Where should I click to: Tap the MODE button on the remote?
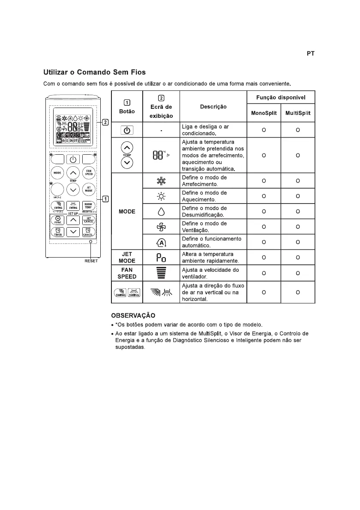point(57,173)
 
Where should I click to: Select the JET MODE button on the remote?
point(88,189)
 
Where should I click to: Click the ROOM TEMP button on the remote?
point(88,206)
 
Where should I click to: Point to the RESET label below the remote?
point(91,261)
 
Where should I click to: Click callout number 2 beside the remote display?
point(105,123)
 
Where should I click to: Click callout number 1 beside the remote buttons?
point(105,199)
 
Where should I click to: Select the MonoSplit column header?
point(264,113)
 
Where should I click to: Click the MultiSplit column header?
point(298,113)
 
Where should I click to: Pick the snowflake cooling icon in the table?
point(161,180)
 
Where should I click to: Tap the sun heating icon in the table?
point(161,196)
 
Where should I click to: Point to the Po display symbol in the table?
point(161,258)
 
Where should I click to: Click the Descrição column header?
point(213,106)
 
